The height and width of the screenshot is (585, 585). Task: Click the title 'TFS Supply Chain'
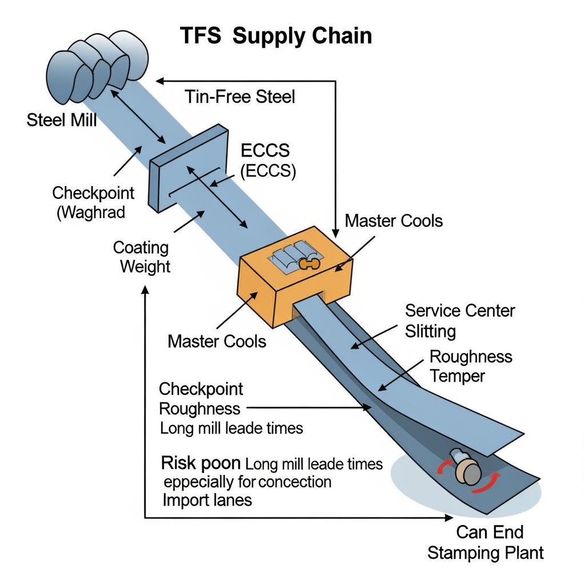[x=276, y=35]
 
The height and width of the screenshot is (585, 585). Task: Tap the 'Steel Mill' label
[x=62, y=121]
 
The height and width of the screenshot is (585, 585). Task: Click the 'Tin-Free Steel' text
[x=240, y=97]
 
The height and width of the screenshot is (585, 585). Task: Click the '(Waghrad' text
[x=91, y=213]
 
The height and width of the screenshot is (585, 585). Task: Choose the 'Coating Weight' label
[x=141, y=257]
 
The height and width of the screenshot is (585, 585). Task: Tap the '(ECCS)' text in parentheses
[x=268, y=172]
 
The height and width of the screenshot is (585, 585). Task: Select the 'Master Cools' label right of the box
[x=394, y=221]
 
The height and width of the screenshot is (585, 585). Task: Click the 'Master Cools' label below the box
[x=217, y=341]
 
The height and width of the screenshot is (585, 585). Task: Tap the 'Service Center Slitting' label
[x=459, y=320]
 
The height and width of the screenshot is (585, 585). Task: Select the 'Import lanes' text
[x=207, y=500]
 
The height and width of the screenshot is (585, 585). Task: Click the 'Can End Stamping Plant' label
[x=486, y=543]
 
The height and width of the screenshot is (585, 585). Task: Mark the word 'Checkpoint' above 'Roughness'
[x=201, y=390]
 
